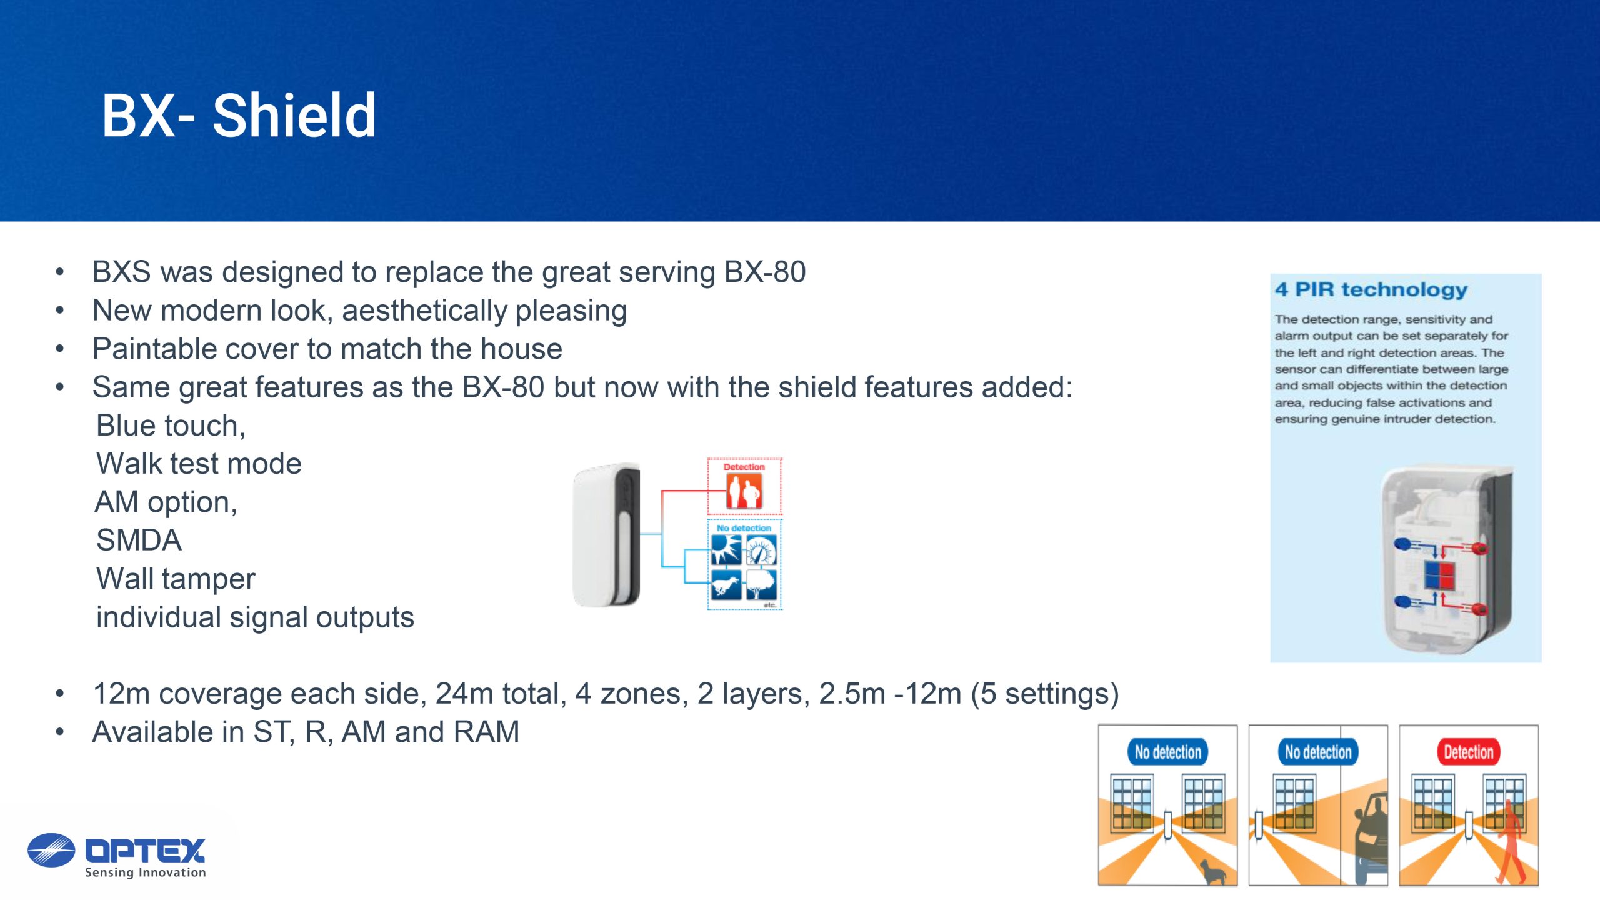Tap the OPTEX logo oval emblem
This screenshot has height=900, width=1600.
click(x=51, y=850)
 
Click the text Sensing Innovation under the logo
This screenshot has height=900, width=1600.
click(x=145, y=872)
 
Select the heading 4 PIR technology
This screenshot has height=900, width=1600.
click(x=1371, y=290)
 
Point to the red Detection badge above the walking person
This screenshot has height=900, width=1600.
click(x=1468, y=752)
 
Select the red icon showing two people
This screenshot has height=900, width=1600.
click(x=744, y=491)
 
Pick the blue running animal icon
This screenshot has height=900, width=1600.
click(x=726, y=585)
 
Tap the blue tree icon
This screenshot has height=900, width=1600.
click(x=761, y=585)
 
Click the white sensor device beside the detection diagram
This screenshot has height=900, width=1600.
click(x=606, y=535)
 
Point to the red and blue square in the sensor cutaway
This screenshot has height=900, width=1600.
click(x=1439, y=576)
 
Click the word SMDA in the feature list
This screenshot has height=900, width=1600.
click(x=139, y=541)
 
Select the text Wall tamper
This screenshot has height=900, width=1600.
click(x=176, y=579)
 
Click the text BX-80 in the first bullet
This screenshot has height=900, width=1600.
click(x=765, y=272)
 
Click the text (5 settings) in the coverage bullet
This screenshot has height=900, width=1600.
click(x=1045, y=694)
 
